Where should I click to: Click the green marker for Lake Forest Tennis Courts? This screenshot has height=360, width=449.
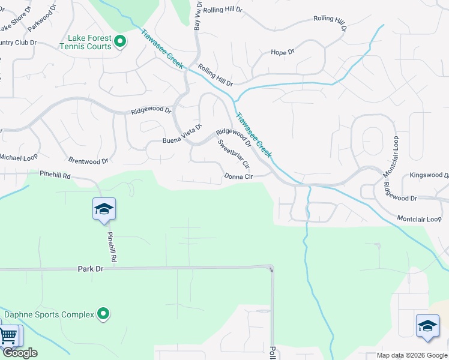coord(120,41)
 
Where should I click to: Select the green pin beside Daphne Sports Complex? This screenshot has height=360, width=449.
coord(104,314)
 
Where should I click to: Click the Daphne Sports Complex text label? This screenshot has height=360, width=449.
coord(49,314)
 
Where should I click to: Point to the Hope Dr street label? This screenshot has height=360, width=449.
coord(283,53)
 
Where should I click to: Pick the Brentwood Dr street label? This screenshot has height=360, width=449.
coord(88,161)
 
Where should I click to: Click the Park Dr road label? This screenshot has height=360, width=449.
coord(91,269)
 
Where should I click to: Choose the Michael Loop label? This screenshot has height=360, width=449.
coord(18,157)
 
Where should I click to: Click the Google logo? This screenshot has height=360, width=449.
coord(20,353)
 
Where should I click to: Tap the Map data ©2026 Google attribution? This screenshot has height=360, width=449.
coord(412,355)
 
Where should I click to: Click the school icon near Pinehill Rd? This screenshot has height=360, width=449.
coord(104,209)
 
